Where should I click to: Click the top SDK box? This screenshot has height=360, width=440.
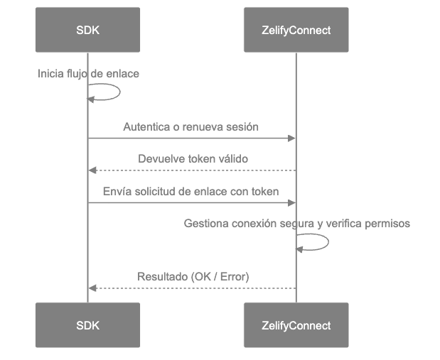87,31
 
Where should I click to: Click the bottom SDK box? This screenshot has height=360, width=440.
87,326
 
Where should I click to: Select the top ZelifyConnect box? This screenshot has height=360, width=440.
296,31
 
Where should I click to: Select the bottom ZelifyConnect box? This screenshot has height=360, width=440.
296,326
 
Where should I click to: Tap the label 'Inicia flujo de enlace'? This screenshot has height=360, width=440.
88,74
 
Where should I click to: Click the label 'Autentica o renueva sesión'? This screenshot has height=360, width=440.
191,128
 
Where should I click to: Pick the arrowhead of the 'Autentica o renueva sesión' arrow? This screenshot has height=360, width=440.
291,138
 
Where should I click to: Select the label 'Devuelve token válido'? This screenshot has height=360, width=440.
193,160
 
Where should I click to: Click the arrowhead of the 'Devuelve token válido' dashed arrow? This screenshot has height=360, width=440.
92,170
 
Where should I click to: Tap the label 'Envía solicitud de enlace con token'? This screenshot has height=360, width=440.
191,192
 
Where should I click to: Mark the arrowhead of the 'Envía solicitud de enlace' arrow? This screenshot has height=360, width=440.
291,202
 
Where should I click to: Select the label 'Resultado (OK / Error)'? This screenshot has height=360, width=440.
193,276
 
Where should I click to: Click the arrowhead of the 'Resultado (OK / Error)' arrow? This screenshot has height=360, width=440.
92,288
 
